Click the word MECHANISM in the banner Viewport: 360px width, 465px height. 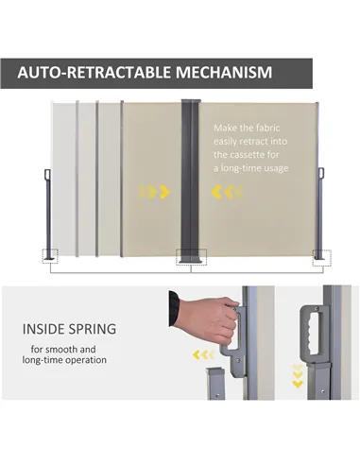[x=224, y=72]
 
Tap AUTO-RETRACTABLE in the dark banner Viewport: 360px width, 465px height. [x=94, y=72]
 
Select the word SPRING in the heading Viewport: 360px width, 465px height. [x=93, y=329]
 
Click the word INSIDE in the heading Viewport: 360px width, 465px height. [x=43, y=329]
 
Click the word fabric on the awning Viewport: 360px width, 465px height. [x=267, y=128]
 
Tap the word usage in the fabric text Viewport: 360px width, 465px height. [x=276, y=168]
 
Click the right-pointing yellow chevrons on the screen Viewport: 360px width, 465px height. [x=154, y=192]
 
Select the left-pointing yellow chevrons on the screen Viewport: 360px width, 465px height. [x=228, y=192]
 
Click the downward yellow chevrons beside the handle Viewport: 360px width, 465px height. [x=298, y=375]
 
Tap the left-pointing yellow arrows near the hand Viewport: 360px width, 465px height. [x=203, y=354]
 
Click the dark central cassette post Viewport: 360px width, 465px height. [x=190, y=181]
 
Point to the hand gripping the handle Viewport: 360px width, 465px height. [x=206, y=319]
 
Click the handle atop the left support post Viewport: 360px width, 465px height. [x=47, y=175]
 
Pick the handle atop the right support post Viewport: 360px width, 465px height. [x=321, y=174]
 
